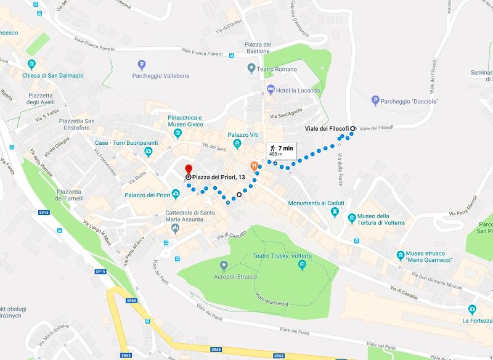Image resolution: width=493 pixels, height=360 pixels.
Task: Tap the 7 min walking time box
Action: (x=280, y=150)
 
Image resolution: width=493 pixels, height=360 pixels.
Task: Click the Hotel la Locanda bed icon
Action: (x=271, y=90)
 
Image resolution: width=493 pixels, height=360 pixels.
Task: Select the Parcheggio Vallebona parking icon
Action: (x=142, y=64)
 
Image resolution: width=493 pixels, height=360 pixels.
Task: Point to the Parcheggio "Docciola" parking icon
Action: (x=375, y=100)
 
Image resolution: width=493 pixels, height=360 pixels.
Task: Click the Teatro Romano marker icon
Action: (x=251, y=69)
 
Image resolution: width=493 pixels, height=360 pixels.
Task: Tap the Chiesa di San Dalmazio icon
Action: (x=31, y=63)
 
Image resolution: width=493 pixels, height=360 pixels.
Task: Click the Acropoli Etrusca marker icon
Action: (x=224, y=265)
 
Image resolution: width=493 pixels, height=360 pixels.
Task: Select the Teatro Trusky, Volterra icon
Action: (x=302, y=265)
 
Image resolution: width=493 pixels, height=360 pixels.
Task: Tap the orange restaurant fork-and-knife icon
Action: (x=254, y=165)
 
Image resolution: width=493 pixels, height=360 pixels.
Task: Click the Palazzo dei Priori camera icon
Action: (x=176, y=195)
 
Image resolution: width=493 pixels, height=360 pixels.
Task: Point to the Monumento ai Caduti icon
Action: (x=335, y=212)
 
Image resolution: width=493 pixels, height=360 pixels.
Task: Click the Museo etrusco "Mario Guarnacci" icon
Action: (x=401, y=255)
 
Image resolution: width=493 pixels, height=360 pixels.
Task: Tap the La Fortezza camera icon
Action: (x=473, y=309)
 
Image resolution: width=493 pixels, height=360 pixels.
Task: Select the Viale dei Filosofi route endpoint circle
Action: (x=353, y=128)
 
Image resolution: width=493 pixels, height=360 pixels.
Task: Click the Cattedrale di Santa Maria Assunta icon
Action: (x=176, y=229)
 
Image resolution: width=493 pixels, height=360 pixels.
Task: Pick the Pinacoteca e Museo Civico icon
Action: (x=178, y=133)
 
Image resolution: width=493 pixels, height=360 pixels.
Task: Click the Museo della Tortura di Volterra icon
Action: (x=352, y=218)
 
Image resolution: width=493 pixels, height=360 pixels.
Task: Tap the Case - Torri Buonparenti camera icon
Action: (x=149, y=151)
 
